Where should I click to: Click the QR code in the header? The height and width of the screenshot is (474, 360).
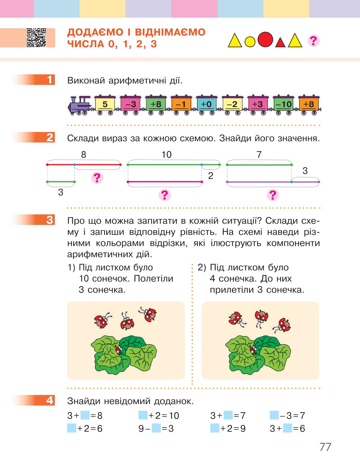[36, 37]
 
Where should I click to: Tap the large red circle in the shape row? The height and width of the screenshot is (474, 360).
[265, 40]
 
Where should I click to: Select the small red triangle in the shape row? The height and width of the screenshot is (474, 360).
[280, 42]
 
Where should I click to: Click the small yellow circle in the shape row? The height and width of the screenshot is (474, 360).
[250, 42]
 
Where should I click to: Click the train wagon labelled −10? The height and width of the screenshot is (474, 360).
[283, 105]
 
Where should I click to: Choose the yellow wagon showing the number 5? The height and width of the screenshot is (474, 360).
[105, 105]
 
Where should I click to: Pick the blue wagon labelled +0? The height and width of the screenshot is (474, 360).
[206, 105]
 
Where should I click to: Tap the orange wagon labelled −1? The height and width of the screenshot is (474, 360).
[181, 105]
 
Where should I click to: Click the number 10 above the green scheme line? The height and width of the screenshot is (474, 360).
[166, 155]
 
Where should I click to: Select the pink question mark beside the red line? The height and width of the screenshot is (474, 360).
[97, 178]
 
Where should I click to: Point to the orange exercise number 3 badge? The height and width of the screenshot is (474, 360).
[33, 220]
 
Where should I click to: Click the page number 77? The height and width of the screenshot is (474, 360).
[325, 447]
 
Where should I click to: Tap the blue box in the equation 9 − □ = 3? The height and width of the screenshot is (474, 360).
[156, 429]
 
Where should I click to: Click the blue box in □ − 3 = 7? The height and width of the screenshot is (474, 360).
[274, 415]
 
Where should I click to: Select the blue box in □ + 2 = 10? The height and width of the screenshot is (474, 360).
[143, 415]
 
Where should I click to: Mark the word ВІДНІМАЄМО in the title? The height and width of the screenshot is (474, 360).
[170, 32]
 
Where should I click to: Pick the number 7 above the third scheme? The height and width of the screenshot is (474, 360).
[259, 155]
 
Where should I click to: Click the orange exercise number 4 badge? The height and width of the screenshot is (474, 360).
[33, 401]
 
